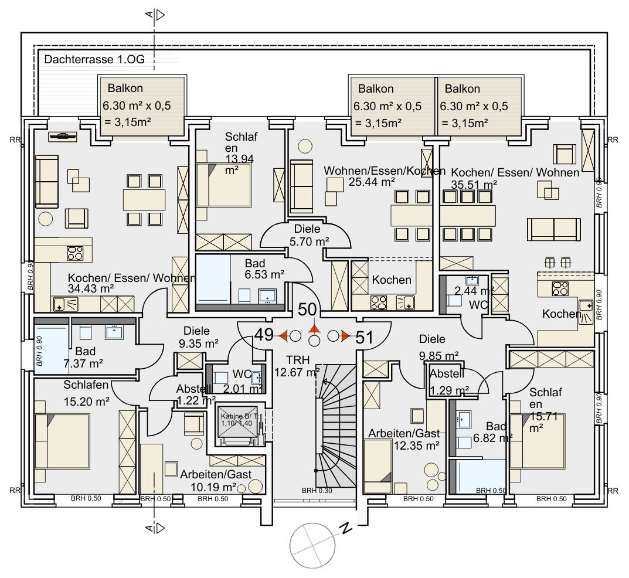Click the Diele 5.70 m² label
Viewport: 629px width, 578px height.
click(x=308, y=235)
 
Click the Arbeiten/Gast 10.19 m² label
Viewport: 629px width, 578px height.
click(x=210, y=480)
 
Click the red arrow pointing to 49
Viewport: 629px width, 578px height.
click(x=283, y=336)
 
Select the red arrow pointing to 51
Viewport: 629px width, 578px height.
click(x=346, y=336)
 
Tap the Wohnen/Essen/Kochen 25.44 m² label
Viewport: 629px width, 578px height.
click(x=369, y=176)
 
